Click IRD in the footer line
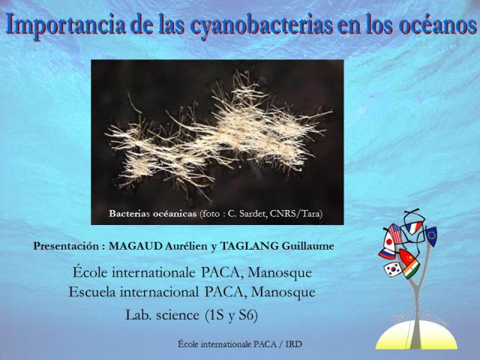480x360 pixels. [293, 344]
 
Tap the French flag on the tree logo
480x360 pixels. [413, 227]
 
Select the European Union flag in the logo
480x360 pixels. [431, 236]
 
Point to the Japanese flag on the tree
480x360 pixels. [388, 241]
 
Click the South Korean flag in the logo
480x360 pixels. [393, 269]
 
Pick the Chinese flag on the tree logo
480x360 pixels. [408, 256]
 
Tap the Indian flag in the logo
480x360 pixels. [411, 268]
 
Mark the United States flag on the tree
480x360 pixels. [395, 233]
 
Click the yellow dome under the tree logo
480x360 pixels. [416, 335]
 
